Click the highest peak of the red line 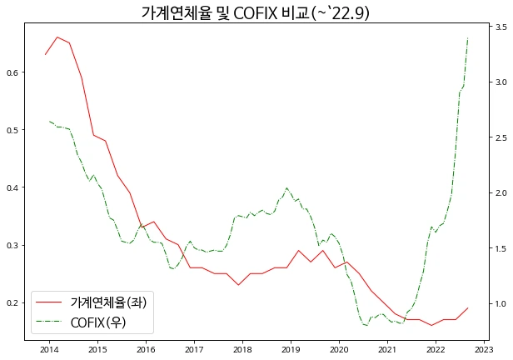57,37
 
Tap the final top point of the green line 468,38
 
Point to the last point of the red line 468,308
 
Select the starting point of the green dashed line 49,121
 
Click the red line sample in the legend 49,302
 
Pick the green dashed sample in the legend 49,322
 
